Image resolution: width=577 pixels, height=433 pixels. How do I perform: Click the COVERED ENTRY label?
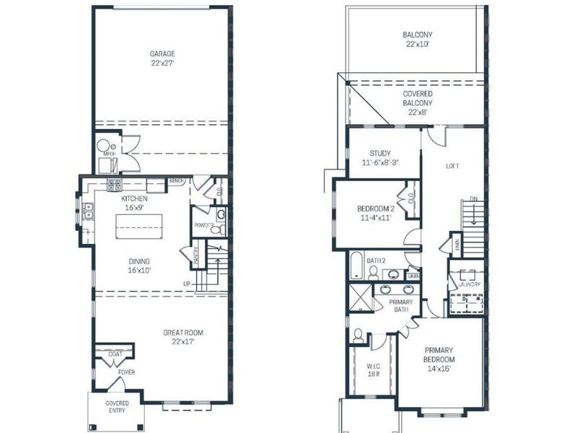(117, 406)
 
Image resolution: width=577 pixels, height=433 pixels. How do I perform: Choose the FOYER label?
(127, 372)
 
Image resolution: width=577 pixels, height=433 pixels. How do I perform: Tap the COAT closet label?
(115, 354)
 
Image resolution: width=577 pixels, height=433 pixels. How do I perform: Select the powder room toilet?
(221, 214)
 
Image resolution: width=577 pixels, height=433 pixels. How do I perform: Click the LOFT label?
(452, 166)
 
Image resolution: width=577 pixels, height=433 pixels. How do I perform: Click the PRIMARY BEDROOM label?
(439, 354)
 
